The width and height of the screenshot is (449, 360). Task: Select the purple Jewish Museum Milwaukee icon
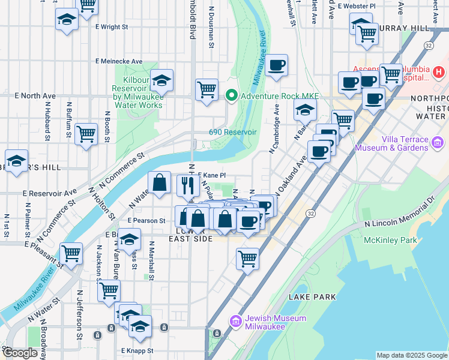(235, 322)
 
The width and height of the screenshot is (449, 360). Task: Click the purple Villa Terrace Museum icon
(438, 143)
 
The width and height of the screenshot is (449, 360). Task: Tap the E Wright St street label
(112, 27)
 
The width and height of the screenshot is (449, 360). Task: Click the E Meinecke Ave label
(119, 61)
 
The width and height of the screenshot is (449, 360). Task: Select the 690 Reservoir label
(233, 132)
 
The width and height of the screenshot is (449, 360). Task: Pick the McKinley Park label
(390, 241)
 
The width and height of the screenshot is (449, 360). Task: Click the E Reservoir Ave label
(50, 193)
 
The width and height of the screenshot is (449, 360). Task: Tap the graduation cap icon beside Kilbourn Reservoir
(161, 79)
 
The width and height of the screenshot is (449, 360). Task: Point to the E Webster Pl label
(357, 6)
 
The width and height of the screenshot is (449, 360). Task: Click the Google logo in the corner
(20, 353)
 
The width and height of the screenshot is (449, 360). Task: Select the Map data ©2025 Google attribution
(412, 355)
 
